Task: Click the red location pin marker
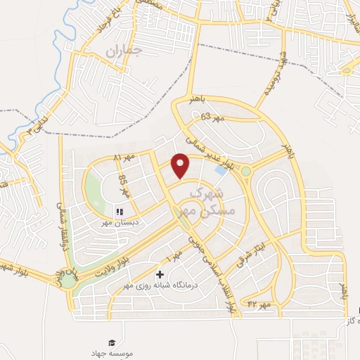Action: pos(181,165)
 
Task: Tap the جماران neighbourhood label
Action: pos(124,51)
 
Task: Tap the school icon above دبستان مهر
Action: pos(119,210)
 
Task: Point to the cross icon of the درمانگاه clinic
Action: pos(160,274)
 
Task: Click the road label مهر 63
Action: pos(211,117)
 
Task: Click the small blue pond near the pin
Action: pos(221,170)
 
